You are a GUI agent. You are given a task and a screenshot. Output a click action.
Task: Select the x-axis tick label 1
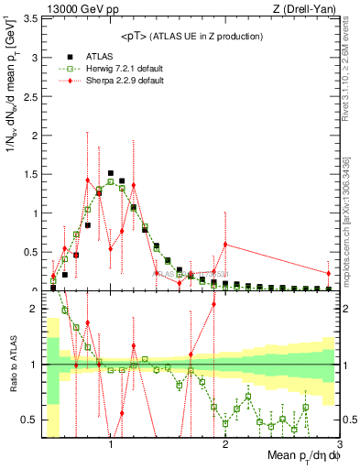(x=111, y=444)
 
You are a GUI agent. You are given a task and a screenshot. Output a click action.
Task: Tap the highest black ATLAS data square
(x=111, y=172)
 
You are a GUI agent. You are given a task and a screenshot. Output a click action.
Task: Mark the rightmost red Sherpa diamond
(x=328, y=273)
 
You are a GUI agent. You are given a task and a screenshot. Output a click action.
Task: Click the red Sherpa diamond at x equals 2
(x=224, y=244)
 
